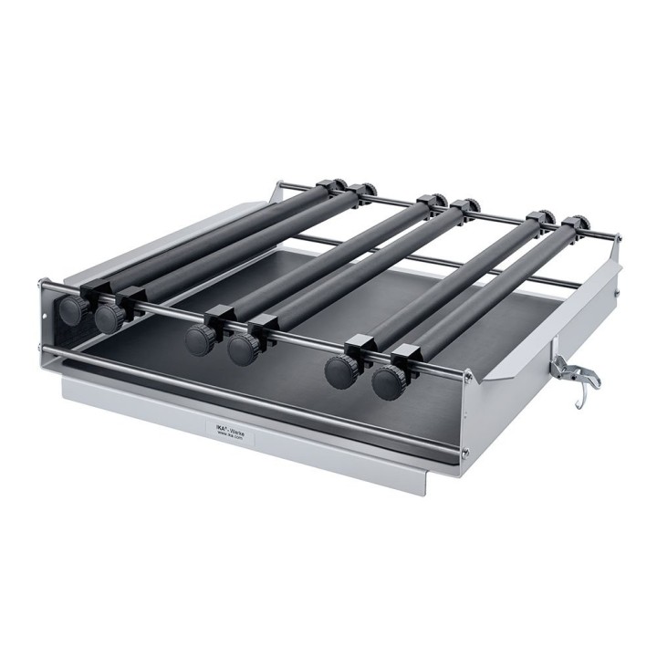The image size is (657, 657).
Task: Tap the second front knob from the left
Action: [109, 318]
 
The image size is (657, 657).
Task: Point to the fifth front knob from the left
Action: [343, 371]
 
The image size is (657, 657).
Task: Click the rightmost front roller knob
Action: [390, 381]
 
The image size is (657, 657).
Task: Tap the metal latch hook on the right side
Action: [571, 371]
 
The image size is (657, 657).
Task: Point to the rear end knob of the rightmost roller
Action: [579, 224]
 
